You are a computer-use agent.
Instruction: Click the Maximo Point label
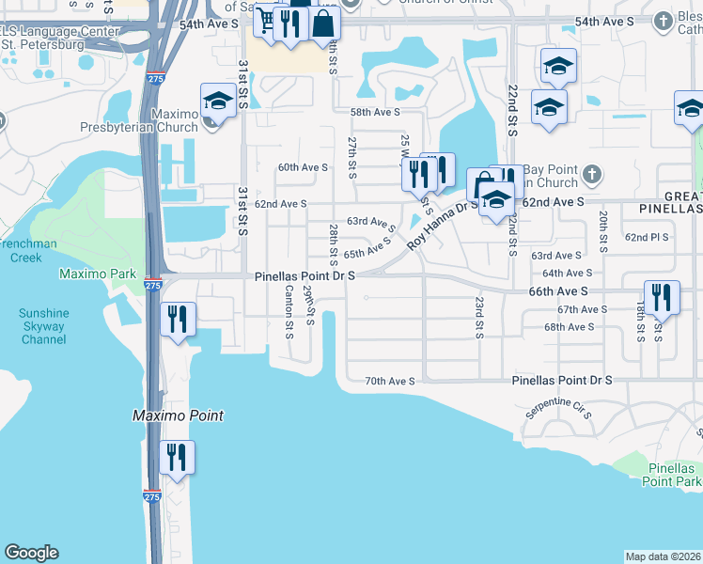click(178, 415)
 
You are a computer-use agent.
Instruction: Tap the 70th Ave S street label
click(390, 381)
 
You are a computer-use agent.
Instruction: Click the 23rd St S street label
click(479, 318)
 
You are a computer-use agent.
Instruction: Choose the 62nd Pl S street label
click(647, 238)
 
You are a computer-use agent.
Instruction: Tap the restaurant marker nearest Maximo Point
click(177, 457)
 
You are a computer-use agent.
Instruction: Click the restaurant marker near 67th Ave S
click(662, 298)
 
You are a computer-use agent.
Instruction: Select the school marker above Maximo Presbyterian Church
click(218, 101)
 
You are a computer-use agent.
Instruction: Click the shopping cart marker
click(267, 20)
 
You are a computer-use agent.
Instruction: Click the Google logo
click(31, 553)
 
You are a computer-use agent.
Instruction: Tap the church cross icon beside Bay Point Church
click(591, 174)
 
